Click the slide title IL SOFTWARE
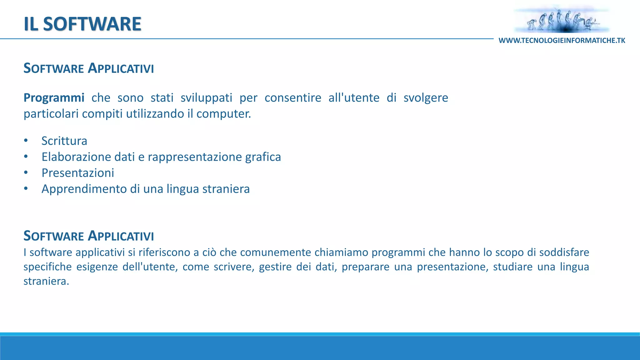82,24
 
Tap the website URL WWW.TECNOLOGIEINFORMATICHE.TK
562,41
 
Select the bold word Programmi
54,98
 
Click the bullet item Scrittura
64,141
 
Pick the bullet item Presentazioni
78,173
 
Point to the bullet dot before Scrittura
26,141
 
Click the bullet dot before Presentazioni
26,172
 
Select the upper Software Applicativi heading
89,68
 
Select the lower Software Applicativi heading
89,236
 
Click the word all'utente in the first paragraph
354,98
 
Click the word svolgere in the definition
426,98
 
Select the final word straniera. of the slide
46,281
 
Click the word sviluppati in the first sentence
206,98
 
